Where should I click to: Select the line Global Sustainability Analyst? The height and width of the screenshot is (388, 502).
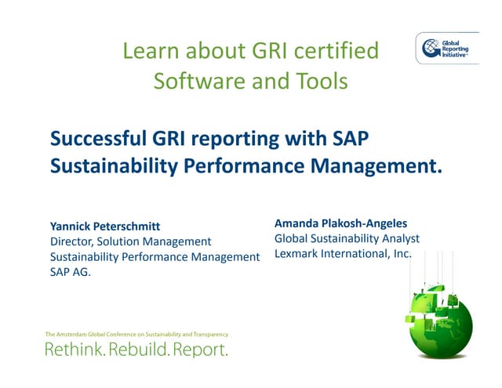[347, 238]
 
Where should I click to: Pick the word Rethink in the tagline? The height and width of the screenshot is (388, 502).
[74, 350]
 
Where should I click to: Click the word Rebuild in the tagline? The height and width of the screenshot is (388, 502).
[137, 350]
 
